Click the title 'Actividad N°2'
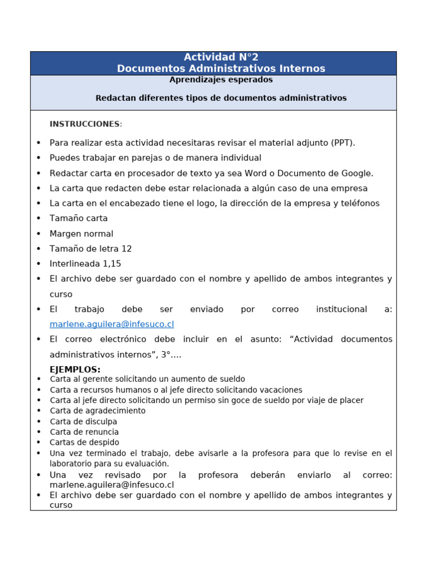221,57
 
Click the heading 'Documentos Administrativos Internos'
221,69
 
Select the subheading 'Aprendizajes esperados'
221,80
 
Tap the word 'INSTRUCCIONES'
85,124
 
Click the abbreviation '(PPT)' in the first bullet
342,143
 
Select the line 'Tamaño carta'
78,218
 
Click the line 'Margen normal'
81,234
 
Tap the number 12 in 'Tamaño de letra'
126,249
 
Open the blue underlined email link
112,324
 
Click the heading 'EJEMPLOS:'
75,370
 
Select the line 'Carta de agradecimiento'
98,411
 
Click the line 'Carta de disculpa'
83,421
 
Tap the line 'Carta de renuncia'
84,432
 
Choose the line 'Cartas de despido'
85,443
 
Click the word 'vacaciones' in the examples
281,390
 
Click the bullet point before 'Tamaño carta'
38,218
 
